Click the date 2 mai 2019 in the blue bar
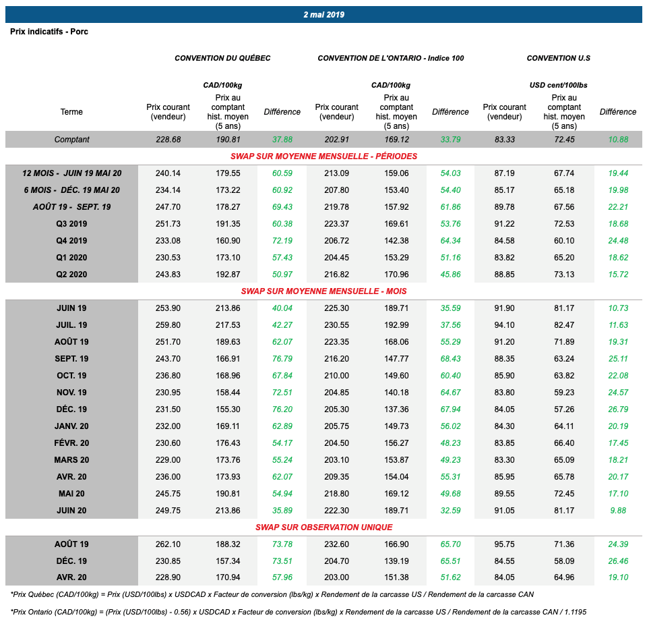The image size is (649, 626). point(324,15)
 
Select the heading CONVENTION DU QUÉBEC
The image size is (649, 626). point(222,58)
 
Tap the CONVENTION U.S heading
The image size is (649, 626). point(558,58)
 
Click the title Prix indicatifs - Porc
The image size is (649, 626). point(49,32)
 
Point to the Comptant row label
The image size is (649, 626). point(71,140)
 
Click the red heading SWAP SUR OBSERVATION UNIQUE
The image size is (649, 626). point(323,528)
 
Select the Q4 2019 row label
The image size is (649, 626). point(71,241)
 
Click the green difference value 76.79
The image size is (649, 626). point(282,359)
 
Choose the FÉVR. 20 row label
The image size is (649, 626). point(71,443)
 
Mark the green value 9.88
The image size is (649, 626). point(618,511)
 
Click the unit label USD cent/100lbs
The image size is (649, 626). point(558,86)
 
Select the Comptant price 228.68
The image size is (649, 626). point(168,140)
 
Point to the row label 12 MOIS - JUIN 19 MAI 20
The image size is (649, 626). point(71,173)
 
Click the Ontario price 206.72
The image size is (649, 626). point(336,241)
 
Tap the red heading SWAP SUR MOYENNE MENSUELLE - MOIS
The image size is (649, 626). point(323,291)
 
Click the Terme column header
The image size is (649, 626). point(71,112)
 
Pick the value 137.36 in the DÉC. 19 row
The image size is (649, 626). point(396,409)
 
